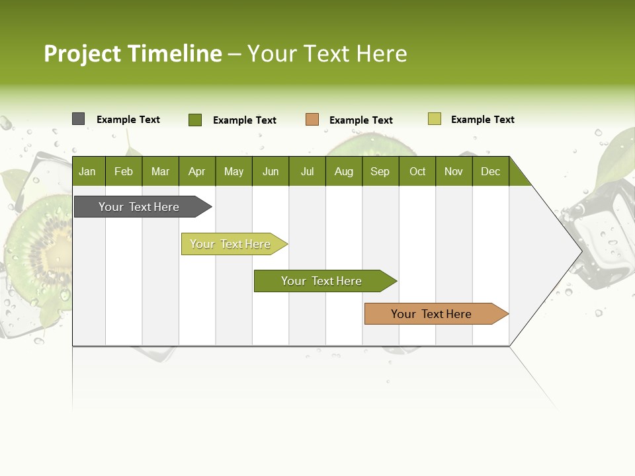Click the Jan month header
(x=87, y=171)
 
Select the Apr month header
(x=196, y=171)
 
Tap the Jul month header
(x=307, y=171)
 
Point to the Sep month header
(x=380, y=171)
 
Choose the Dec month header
(x=490, y=171)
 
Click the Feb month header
(x=124, y=171)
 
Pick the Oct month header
(x=417, y=171)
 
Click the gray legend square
(x=78, y=119)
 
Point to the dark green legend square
(x=195, y=120)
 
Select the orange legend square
(x=312, y=120)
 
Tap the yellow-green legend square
(x=435, y=119)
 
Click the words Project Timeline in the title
(x=132, y=54)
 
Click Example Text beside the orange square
(x=360, y=120)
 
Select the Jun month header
(x=271, y=171)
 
